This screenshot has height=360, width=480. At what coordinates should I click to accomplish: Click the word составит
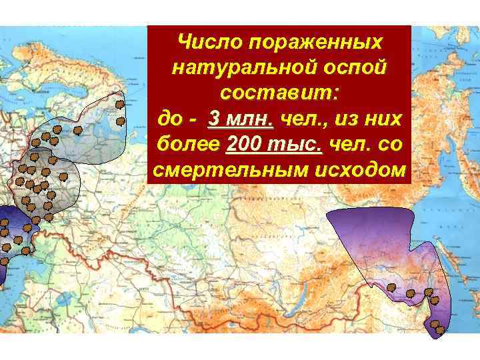coord(278,93)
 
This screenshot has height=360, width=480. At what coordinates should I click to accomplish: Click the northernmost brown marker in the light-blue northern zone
coord(119,104)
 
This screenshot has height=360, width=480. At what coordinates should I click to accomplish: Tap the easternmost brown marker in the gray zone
coord(62,177)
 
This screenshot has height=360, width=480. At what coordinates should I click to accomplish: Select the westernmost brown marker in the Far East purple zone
coord(391,287)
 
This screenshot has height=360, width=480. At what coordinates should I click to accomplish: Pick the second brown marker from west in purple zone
coord(410,293)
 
